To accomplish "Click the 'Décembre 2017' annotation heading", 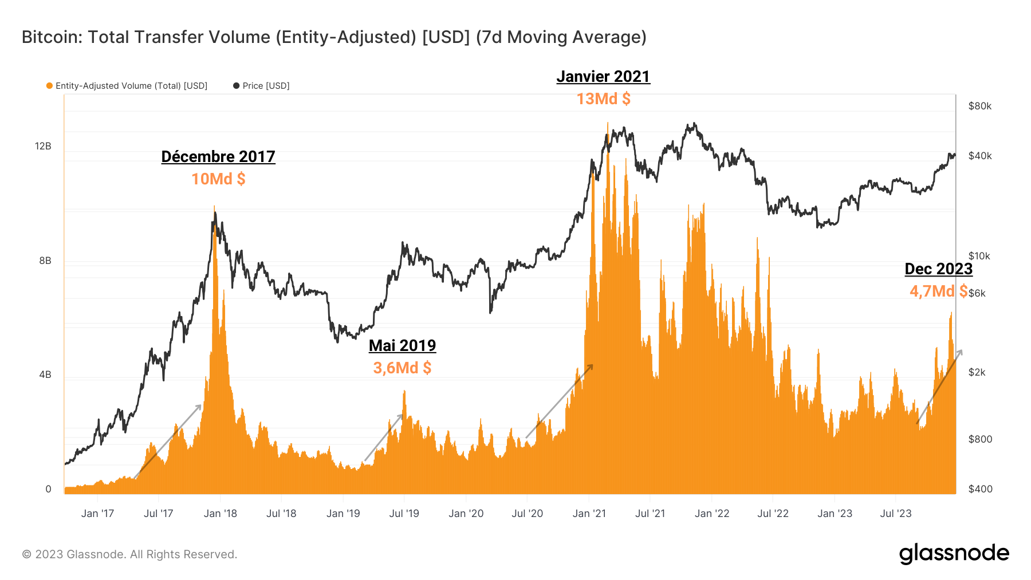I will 218,156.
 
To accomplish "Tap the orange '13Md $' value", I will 603,99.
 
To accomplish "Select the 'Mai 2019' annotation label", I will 402,345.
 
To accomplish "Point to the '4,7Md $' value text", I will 938,291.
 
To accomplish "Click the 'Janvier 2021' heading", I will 603,77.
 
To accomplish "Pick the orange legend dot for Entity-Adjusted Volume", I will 49,86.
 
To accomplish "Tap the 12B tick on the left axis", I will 43,146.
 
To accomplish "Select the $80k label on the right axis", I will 979,106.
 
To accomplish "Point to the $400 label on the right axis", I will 980,489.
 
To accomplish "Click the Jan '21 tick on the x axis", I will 589,514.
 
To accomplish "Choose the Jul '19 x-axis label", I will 404,514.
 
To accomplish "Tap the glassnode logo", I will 954,554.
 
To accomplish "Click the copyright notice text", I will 129,554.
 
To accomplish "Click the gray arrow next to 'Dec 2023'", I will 940,386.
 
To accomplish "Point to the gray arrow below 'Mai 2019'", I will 383,438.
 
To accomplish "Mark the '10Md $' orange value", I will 218,179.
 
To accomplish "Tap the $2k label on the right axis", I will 977,372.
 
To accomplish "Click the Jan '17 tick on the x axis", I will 97,514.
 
